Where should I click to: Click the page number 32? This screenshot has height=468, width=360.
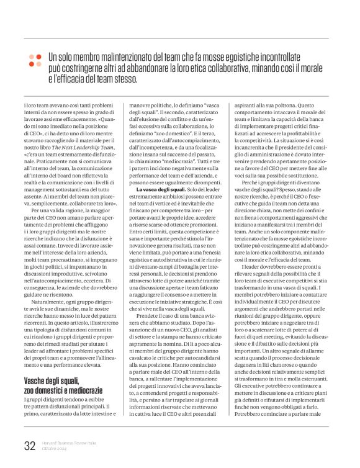coord(29,444)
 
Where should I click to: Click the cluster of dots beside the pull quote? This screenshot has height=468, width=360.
coord(35,60)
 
